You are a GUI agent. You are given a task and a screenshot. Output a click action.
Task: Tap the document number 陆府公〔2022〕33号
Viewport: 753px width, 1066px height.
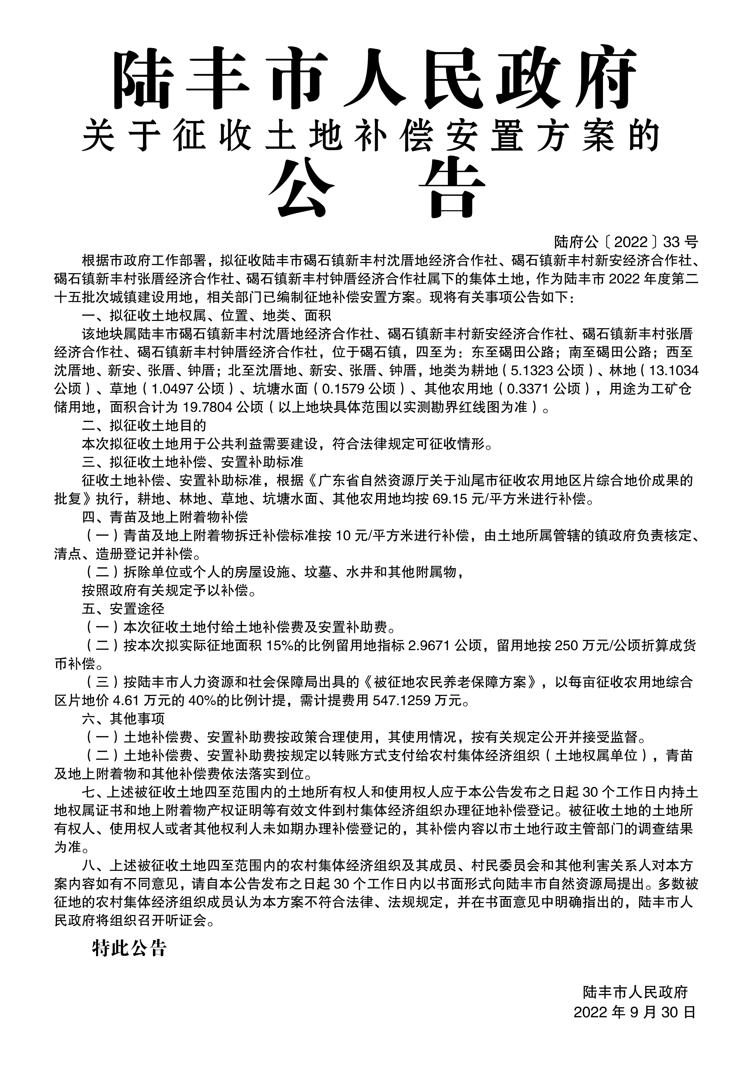[626, 242]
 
